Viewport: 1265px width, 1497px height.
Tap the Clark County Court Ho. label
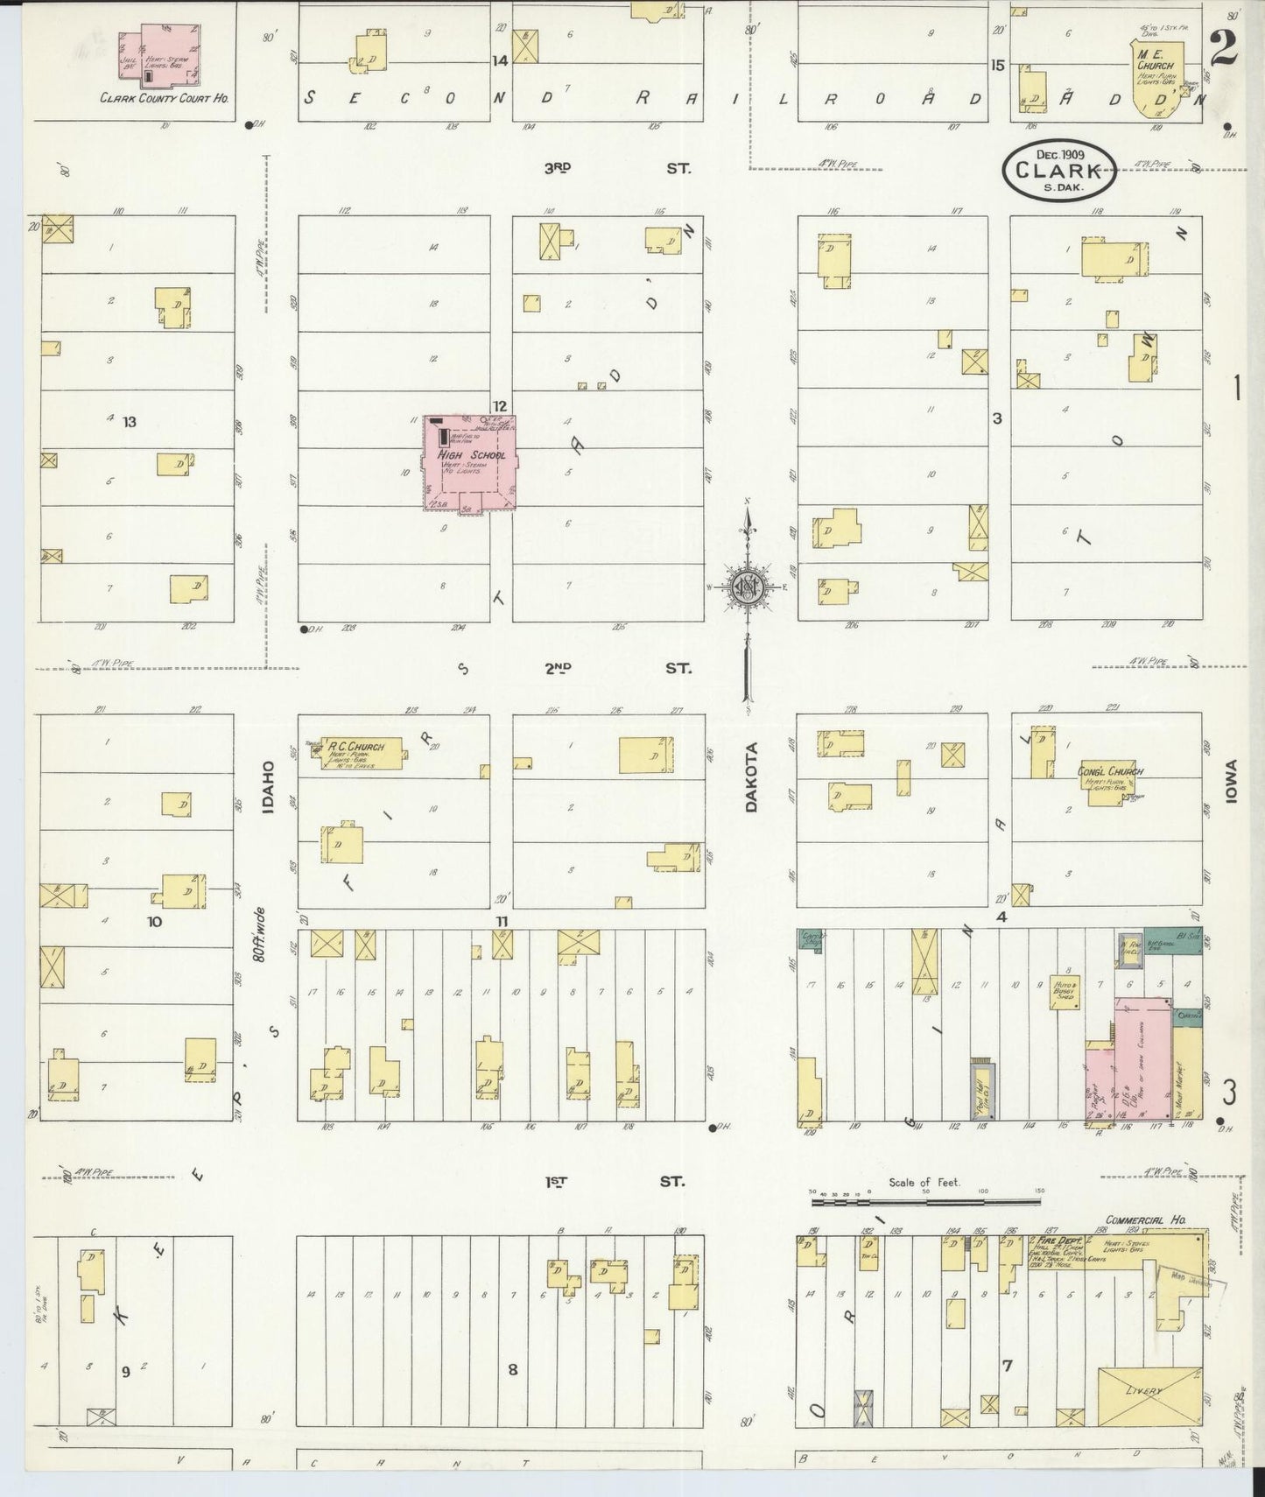[x=165, y=99]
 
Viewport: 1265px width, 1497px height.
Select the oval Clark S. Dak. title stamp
[x=1059, y=171]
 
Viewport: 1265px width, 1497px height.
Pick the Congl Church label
[x=1111, y=771]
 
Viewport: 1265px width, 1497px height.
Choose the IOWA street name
[x=1233, y=782]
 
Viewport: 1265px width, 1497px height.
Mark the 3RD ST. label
[x=613, y=167]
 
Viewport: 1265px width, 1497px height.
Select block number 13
[x=130, y=422]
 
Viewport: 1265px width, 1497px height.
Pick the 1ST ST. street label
[x=613, y=1181]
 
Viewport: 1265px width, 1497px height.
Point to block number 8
[x=513, y=1370]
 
